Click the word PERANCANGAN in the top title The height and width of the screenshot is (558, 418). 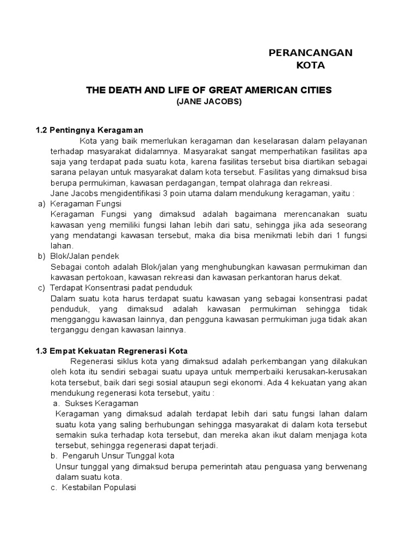pyautogui.click(x=311, y=52)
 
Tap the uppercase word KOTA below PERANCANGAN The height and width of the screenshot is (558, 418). pyautogui.click(x=310, y=66)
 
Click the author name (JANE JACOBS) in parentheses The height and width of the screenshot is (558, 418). pyautogui.click(x=209, y=102)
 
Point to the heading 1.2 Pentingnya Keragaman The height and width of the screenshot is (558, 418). pyautogui.click(x=89, y=130)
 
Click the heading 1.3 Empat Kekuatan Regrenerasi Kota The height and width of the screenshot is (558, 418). pyautogui.click(x=111, y=350)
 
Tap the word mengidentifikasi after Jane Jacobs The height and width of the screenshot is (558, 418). pyautogui.click(x=137, y=193)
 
